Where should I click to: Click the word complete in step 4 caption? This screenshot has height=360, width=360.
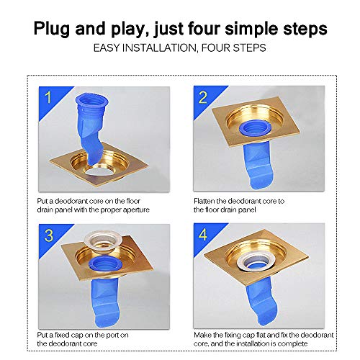coord(317,343)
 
